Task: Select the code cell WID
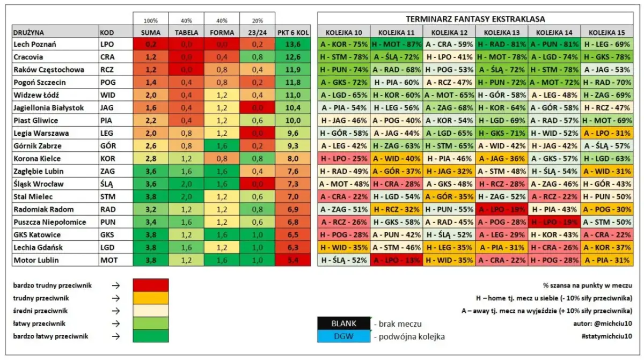107,95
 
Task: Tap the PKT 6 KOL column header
292,32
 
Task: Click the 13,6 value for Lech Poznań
292,45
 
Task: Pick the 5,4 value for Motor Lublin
292,260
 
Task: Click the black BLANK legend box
343,324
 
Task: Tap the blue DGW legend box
343,336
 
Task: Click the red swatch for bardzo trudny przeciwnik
150,285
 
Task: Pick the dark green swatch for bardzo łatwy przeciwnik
150,336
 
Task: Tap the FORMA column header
222,32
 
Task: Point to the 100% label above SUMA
150,20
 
